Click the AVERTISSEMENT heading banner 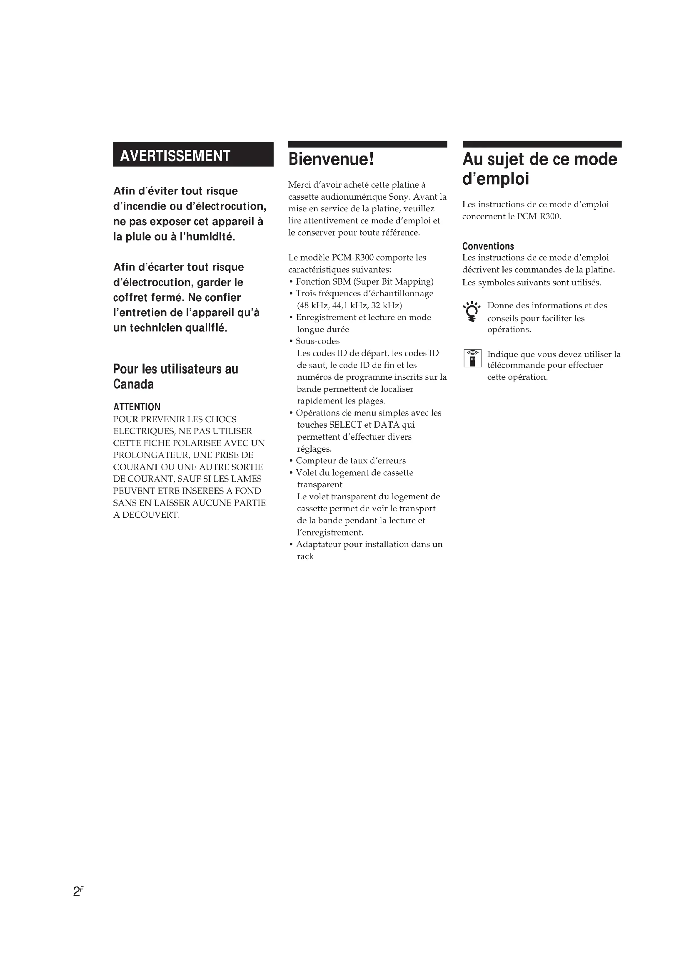click(193, 155)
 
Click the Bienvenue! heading click(331, 159)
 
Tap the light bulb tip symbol click(472, 312)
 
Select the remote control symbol click(472, 359)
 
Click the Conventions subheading click(488, 246)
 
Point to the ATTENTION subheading click(137, 407)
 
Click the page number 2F click(78, 891)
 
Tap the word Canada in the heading click(133, 384)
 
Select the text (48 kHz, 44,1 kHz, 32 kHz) click(349, 305)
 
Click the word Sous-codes click(317, 341)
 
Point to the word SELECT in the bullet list click(345, 425)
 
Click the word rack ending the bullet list click(305, 557)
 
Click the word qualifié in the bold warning click(206, 328)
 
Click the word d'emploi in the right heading click(496, 179)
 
